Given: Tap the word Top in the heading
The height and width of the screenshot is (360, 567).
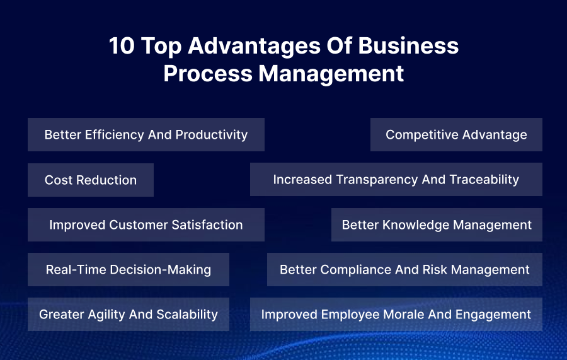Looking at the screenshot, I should [160, 46].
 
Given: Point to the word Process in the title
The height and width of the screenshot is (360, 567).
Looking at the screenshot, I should [209, 73].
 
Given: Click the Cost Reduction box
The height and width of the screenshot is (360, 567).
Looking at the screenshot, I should [91, 180].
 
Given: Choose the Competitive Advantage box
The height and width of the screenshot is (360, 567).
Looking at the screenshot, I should [456, 134].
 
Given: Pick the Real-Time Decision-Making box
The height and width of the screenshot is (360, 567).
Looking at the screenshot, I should [129, 270].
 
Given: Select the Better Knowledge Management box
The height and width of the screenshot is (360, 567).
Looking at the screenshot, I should [437, 225].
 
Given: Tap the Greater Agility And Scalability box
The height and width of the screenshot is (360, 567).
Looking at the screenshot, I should [129, 315].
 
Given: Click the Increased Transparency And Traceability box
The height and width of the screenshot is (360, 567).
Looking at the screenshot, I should [396, 180].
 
